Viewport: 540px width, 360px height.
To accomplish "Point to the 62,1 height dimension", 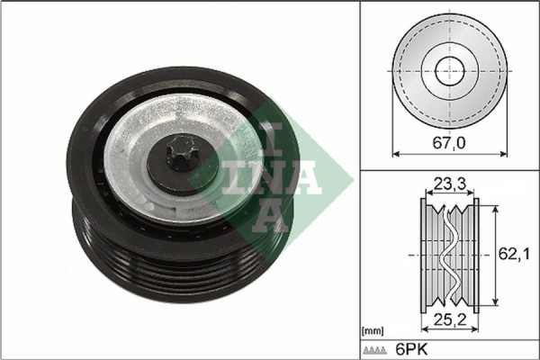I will click(510, 255).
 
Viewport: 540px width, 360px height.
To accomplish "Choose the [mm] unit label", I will click(373, 331).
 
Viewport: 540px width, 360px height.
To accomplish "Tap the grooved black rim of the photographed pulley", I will click(135, 270).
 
